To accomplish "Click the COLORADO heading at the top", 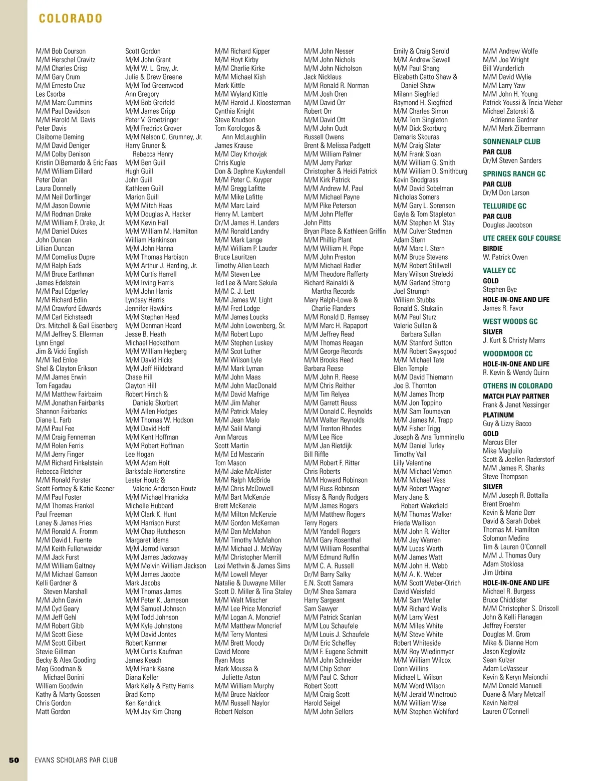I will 71,19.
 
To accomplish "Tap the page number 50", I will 14,760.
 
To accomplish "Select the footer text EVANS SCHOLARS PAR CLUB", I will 76,760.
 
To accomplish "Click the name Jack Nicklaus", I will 323,77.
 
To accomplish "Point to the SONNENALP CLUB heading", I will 511,141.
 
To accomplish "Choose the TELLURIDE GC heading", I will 504,206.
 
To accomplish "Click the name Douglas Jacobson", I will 507,225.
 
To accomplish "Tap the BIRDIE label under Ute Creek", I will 493,249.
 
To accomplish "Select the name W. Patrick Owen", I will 505,257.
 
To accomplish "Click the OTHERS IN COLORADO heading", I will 517,386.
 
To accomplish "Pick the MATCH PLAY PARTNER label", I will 516,396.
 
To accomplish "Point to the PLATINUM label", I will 498,415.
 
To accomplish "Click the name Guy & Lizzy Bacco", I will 507,424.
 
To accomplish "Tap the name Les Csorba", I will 51,94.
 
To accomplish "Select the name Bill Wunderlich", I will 503,69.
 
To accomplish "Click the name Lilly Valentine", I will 412,463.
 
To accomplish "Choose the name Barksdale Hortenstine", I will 155,472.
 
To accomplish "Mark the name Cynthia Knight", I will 234,111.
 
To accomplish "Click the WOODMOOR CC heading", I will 507,353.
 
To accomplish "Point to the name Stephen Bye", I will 500,290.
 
